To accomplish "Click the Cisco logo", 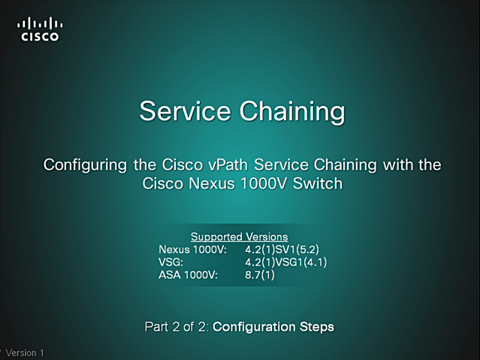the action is click(x=40, y=29).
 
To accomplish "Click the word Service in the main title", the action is click(x=185, y=110).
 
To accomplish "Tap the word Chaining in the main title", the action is click(x=292, y=112).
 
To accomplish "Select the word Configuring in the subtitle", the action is click(x=85, y=165).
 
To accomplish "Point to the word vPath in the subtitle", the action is click(x=228, y=165).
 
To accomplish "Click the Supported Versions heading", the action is click(x=240, y=237).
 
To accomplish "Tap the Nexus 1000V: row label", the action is click(x=192, y=250).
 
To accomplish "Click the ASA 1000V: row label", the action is click(x=188, y=275).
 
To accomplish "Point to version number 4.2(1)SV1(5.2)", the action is click(x=282, y=250).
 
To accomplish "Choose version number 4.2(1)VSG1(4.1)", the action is click(x=286, y=262).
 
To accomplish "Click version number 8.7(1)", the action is click(x=260, y=275).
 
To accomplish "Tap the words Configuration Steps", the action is click(x=273, y=327).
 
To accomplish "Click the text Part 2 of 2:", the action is click(x=177, y=327).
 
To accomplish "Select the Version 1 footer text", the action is click(x=25, y=352).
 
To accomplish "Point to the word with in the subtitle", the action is click(x=399, y=165).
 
